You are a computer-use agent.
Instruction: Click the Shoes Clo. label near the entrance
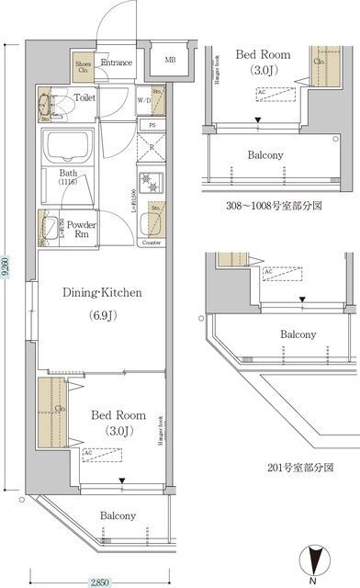[x=82, y=66]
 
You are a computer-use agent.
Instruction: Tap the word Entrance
[x=117, y=62]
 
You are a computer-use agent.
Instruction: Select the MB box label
[x=170, y=61]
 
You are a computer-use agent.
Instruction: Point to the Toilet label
[x=84, y=96]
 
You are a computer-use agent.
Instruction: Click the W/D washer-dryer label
[x=143, y=102]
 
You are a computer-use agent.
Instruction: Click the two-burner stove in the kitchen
[x=150, y=180]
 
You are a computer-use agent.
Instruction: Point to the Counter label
[x=152, y=244]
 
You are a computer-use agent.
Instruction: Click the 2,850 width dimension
[x=101, y=582]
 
